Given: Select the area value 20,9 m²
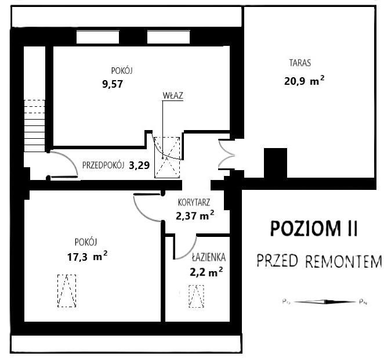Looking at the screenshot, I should click(x=303, y=82).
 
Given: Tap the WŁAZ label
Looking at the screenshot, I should click(x=173, y=96).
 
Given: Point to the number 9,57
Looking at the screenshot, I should click(x=113, y=84).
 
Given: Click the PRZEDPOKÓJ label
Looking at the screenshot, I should click(x=104, y=164).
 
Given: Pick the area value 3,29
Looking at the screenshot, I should click(x=139, y=164).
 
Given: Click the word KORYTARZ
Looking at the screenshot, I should click(x=194, y=203).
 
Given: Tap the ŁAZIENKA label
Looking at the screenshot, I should click(x=209, y=256).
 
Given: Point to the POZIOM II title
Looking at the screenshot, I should click(x=314, y=229).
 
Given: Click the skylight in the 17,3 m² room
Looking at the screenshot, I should click(x=67, y=290).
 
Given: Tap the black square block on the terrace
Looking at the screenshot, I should click(x=276, y=163).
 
